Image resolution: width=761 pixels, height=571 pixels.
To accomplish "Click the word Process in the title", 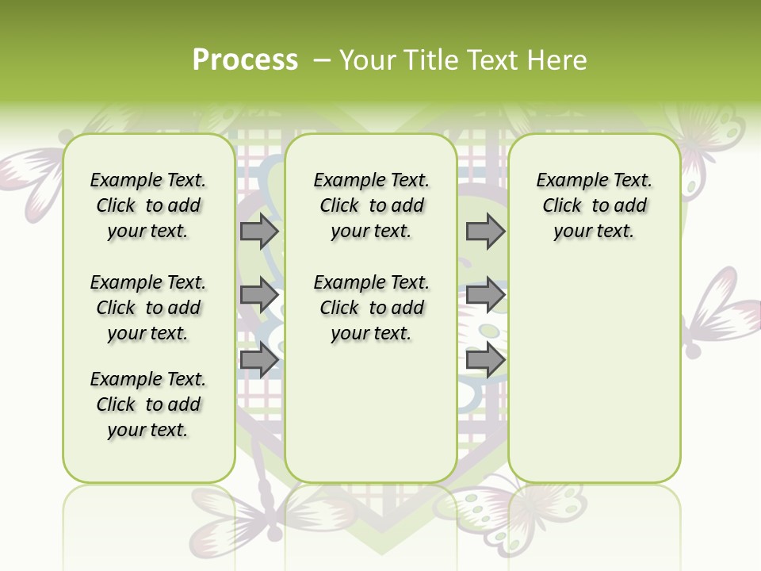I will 245,59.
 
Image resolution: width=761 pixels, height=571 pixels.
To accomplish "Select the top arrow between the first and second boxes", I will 259,232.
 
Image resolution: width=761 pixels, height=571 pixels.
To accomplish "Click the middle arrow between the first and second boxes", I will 259,296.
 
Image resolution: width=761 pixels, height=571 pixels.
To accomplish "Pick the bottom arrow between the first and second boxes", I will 259,361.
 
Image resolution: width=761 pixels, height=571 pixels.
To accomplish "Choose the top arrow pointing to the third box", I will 485,232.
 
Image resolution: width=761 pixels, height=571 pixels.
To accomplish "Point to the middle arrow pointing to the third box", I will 485,296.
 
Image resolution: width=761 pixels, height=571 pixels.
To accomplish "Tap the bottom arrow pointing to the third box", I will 485,361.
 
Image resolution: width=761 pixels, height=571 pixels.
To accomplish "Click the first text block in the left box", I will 148,205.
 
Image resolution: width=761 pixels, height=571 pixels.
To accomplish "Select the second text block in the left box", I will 148,308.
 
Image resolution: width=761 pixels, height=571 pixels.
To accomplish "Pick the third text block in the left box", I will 148,404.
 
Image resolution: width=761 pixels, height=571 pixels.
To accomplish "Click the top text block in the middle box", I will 372,205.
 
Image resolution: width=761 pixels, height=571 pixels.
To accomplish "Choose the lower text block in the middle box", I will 372,308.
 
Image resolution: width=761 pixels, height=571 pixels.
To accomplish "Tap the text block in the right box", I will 595,205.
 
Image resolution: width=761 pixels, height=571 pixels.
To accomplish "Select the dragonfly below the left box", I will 238,515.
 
